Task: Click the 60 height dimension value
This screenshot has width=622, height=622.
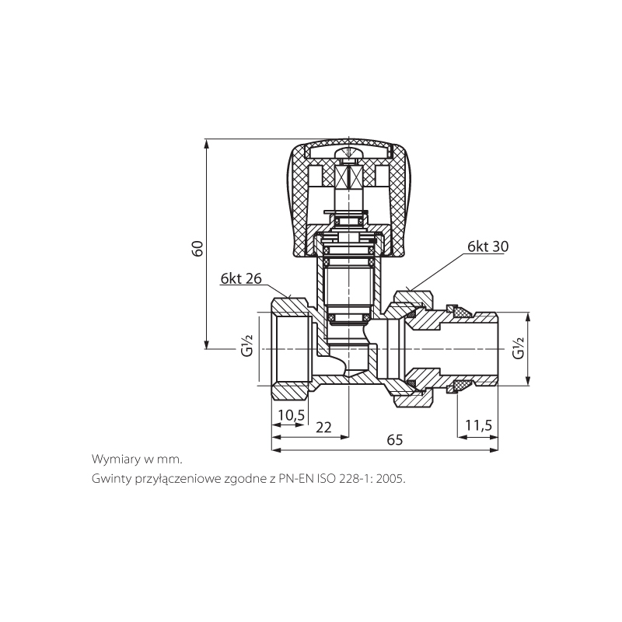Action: click(198, 248)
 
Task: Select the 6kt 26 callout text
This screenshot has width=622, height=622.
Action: click(241, 279)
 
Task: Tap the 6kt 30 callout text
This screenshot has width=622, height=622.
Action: click(487, 246)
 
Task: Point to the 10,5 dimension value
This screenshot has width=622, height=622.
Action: click(291, 415)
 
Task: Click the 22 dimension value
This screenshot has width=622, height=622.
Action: click(323, 427)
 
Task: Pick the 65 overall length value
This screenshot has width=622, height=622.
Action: click(395, 440)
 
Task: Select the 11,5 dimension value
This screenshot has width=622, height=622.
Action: click(478, 425)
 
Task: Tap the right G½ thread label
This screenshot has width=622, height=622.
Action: click(518, 348)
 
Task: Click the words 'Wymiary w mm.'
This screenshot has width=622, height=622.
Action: click(138, 460)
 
